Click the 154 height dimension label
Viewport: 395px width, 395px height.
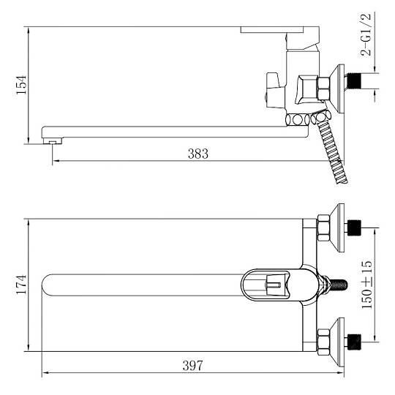pyautogui.click(x=21, y=85)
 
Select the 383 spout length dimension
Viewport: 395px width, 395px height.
pyautogui.click(x=198, y=154)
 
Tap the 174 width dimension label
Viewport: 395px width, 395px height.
pyautogui.click(x=21, y=285)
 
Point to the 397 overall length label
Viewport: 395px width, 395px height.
pyautogui.click(x=192, y=366)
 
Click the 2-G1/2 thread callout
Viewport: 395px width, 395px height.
pyautogui.click(x=366, y=34)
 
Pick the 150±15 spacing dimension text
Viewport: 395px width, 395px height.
pyautogui.click(x=366, y=285)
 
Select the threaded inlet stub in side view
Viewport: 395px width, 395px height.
pyautogui.click(x=354, y=80)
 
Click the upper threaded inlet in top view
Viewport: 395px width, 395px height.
pyautogui.click(x=354, y=227)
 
